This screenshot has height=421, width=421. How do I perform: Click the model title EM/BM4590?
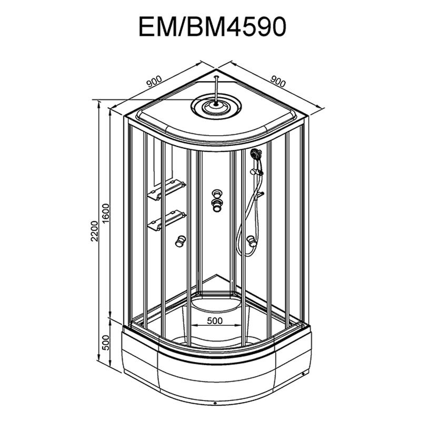(212, 27)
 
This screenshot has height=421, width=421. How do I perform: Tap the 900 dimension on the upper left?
(154, 82)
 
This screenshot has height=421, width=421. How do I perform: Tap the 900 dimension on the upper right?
(278, 82)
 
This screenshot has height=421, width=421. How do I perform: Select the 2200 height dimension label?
(95, 231)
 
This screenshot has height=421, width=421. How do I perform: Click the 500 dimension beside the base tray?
(106, 343)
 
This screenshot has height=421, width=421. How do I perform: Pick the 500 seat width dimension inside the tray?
(215, 320)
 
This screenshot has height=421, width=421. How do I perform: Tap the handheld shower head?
(256, 154)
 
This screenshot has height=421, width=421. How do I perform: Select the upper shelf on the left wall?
(166, 190)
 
